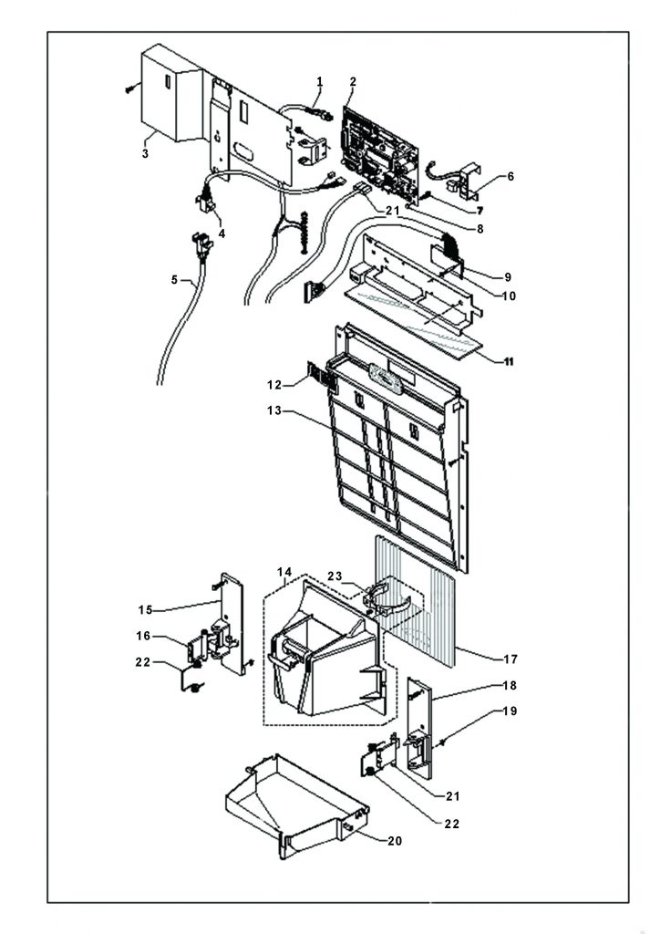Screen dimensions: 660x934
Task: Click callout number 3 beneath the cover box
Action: [x=145, y=153]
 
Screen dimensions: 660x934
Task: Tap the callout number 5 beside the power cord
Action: [x=174, y=279]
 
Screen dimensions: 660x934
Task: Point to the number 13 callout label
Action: [x=274, y=411]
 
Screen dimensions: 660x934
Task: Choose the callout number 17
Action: [x=510, y=659]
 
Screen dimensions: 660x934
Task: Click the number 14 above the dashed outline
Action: [x=284, y=573]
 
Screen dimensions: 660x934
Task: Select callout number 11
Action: [x=509, y=361]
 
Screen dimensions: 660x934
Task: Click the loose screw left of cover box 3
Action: [x=130, y=88]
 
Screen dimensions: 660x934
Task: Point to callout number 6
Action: [x=510, y=176]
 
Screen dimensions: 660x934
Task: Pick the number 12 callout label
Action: [x=274, y=386]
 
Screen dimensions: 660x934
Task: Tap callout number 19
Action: [x=510, y=711]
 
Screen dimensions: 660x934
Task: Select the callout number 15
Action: [x=145, y=610]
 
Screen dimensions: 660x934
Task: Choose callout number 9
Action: [x=508, y=277]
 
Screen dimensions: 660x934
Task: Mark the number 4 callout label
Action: [x=222, y=233]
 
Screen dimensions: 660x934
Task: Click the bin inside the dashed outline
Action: [x=325, y=659]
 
